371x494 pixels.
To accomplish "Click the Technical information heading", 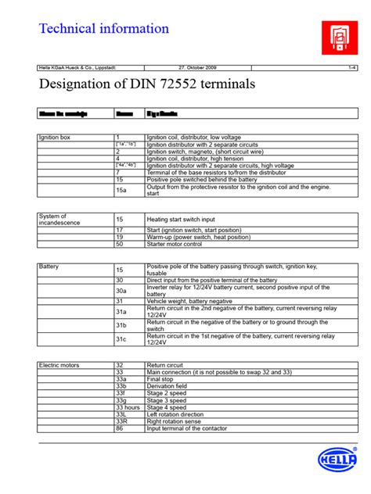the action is (104, 29).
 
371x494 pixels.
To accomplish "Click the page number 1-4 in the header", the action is (351, 68).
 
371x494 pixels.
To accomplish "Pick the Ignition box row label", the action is (56, 137).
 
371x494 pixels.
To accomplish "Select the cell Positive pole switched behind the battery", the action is (202, 179).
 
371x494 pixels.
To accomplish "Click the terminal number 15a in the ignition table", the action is (121, 190).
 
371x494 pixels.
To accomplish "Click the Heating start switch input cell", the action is (192, 220).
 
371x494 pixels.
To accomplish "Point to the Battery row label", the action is (50, 267).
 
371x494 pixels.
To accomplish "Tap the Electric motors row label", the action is (59, 365).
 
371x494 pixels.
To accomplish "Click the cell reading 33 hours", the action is (128, 407).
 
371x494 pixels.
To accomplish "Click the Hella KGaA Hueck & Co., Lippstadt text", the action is (77, 68).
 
